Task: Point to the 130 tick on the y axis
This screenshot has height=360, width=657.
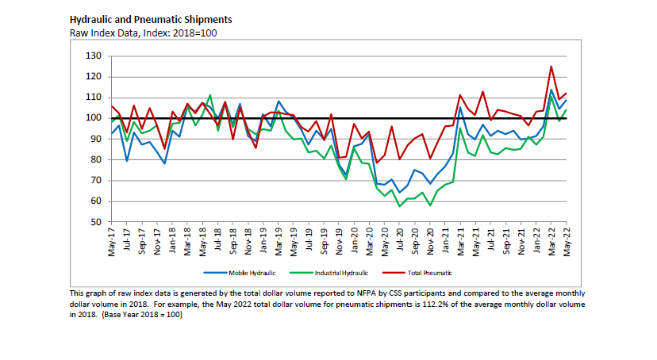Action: point(94,56)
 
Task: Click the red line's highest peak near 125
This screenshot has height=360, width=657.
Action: point(551,67)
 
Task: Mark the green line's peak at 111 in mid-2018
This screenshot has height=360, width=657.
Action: point(209,95)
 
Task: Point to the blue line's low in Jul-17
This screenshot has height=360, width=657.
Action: point(127,161)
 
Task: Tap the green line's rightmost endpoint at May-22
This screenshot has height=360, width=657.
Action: point(566,109)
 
